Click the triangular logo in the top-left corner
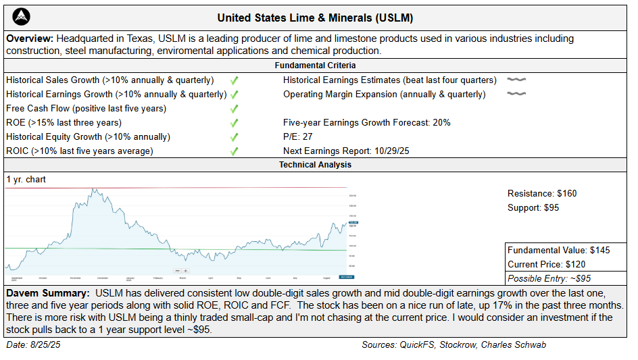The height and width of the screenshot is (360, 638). [x=22, y=16]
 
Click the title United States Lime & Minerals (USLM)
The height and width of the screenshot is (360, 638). [x=315, y=18]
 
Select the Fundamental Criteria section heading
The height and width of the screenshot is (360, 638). [x=315, y=66]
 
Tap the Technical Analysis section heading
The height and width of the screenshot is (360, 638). [x=315, y=164]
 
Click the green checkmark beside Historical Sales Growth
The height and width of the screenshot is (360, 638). [x=234, y=80]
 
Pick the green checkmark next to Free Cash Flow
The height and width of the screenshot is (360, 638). [x=234, y=109]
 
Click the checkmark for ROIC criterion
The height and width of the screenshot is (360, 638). [x=234, y=151]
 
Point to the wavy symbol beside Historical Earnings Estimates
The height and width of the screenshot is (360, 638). [x=516, y=80]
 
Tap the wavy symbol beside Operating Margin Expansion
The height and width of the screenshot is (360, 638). [x=516, y=95]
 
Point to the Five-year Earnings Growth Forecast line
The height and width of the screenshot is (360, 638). [x=366, y=123]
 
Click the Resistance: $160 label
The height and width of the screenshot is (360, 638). [x=542, y=194]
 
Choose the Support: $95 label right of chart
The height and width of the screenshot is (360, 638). [x=533, y=208]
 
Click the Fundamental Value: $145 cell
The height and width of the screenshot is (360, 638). [x=559, y=251]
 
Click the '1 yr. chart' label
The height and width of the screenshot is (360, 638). [x=26, y=180]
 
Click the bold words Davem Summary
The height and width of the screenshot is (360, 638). [x=47, y=294]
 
